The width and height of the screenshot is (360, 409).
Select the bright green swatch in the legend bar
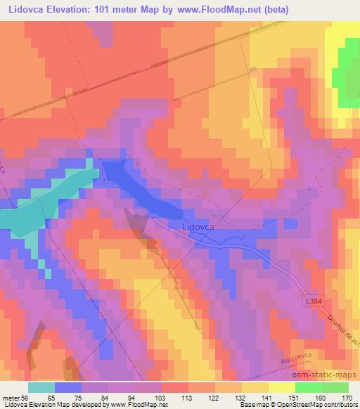tap(308, 387)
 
